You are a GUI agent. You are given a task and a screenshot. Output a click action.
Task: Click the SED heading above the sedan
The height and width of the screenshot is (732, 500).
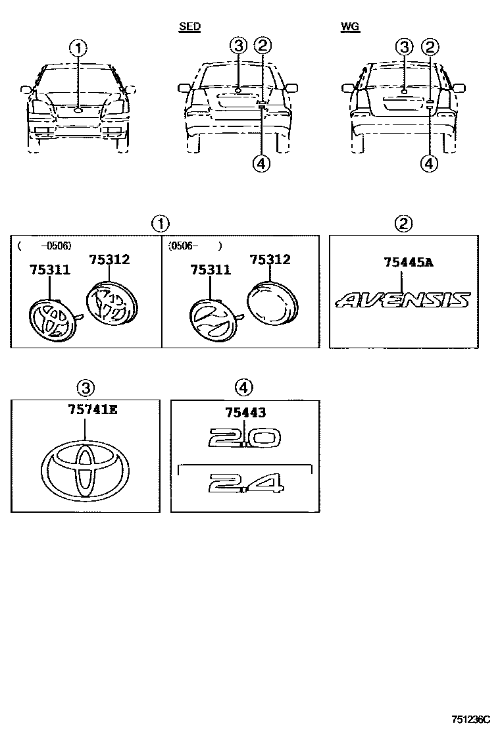click(x=189, y=27)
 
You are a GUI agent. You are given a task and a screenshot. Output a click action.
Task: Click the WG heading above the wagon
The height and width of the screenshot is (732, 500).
click(x=350, y=27)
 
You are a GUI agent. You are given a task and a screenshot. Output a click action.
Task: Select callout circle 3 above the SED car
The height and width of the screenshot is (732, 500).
click(x=239, y=45)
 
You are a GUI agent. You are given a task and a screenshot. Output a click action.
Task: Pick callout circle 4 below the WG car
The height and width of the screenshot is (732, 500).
click(x=429, y=163)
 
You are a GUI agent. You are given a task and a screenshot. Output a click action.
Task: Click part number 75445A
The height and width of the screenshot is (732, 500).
click(x=408, y=263)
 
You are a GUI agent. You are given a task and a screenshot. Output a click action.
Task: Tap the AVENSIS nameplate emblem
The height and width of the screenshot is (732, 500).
click(x=403, y=301)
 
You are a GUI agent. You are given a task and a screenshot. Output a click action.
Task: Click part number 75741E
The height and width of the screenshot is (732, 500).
click(x=92, y=410)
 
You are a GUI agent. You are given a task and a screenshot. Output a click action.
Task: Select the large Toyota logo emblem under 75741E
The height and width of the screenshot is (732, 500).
click(x=86, y=471)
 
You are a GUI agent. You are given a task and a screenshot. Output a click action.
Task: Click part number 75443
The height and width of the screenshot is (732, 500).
click(x=245, y=413)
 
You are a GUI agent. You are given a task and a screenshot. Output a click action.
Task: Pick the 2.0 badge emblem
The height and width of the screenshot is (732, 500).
click(x=244, y=438)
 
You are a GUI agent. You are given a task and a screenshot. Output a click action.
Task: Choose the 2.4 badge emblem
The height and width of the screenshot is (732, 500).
click(x=245, y=484)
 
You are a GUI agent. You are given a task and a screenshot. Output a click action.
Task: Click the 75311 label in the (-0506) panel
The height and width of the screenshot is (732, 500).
click(x=49, y=271)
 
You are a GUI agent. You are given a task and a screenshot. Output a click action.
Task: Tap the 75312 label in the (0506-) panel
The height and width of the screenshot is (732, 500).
click(x=270, y=260)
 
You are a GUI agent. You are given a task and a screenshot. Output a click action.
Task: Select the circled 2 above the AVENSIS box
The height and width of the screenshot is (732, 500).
click(x=403, y=224)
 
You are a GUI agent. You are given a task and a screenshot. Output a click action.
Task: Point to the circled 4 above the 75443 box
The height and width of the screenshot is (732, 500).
click(x=244, y=388)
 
